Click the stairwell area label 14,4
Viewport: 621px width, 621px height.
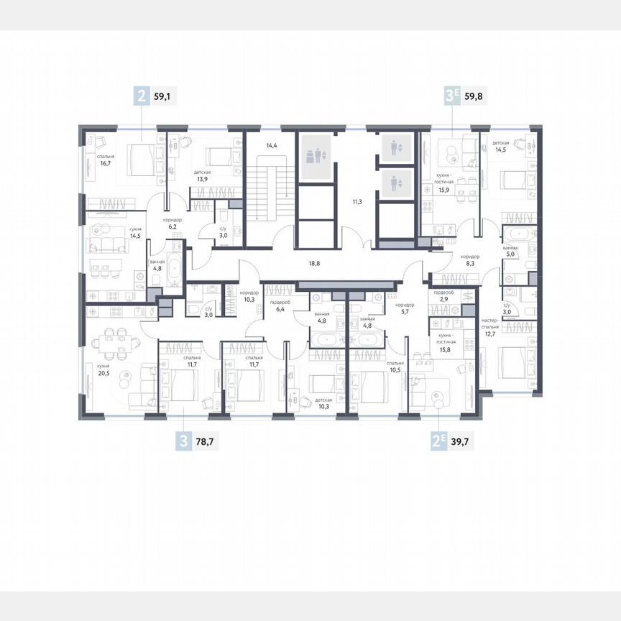click(x=272, y=146)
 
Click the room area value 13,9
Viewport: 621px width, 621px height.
click(x=201, y=180)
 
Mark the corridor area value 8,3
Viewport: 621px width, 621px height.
click(x=471, y=264)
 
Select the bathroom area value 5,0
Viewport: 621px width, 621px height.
click(x=511, y=253)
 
